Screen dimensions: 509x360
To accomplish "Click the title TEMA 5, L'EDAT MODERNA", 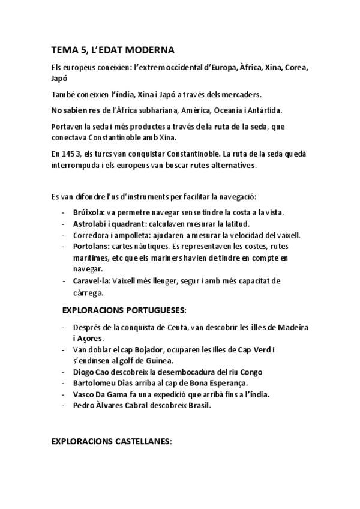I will (113, 50).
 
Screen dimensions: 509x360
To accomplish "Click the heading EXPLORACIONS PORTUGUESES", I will (124, 311).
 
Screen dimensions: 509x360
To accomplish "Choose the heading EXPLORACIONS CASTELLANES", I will (112, 441).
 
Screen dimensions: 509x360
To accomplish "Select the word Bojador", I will (140, 349).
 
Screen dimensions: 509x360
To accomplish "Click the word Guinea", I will (157, 360).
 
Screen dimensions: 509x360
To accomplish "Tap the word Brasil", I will (199, 405).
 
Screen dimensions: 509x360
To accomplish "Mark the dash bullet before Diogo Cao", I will (64, 372).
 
